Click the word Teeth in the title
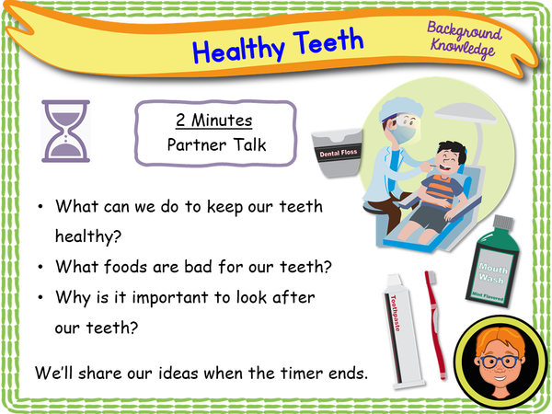coord(326,41)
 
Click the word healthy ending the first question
coord(87,237)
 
